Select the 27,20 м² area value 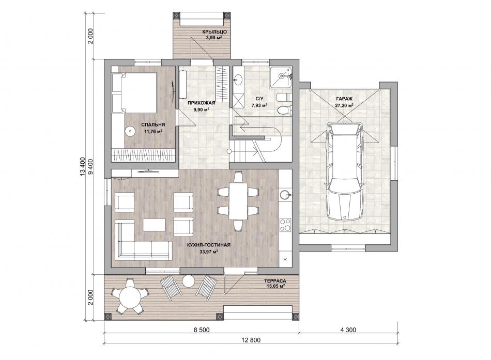pos(344,105)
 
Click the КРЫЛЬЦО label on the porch pos(214,32)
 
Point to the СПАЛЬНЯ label pos(153,125)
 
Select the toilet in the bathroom pos(284,110)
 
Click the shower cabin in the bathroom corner pos(281,76)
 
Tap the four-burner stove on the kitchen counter pos(285,225)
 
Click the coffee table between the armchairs pos(154,225)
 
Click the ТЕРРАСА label pos(275,281)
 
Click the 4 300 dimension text pos(348,330)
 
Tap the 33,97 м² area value pos(209,252)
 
